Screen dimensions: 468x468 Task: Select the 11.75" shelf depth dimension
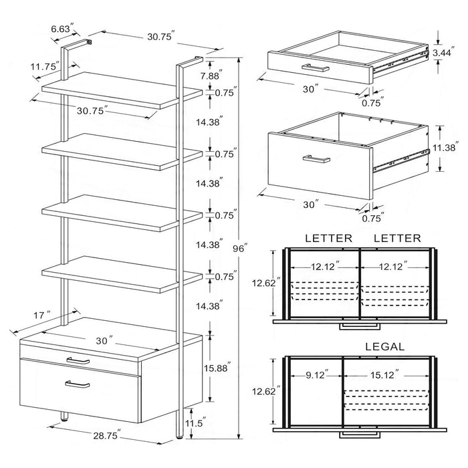(44, 66)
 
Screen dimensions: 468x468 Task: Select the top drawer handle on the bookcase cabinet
(78, 361)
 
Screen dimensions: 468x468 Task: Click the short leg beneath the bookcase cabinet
(64, 418)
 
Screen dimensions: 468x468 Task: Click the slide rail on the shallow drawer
(400, 59)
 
